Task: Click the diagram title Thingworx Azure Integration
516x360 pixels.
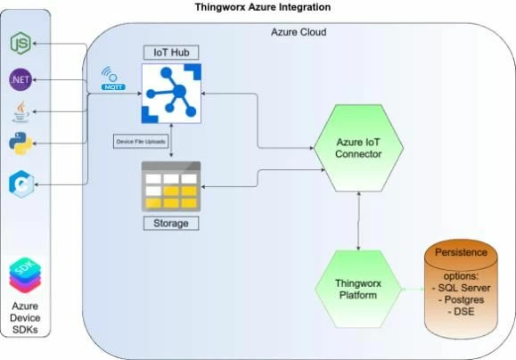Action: pyautogui.click(x=263, y=7)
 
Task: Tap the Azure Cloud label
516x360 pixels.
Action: pyautogui.click(x=298, y=33)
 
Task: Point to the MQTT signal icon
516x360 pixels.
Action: pyautogui.click(x=112, y=78)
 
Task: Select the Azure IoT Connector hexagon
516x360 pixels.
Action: pyautogui.click(x=358, y=148)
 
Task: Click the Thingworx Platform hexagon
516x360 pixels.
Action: pyautogui.click(x=358, y=290)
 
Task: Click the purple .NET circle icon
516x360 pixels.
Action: pyautogui.click(x=20, y=79)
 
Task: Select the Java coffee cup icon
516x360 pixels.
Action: pyautogui.click(x=20, y=111)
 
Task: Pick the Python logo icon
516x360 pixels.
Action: pyautogui.click(x=21, y=143)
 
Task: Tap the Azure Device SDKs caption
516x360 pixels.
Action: pyautogui.click(x=25, y=317)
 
